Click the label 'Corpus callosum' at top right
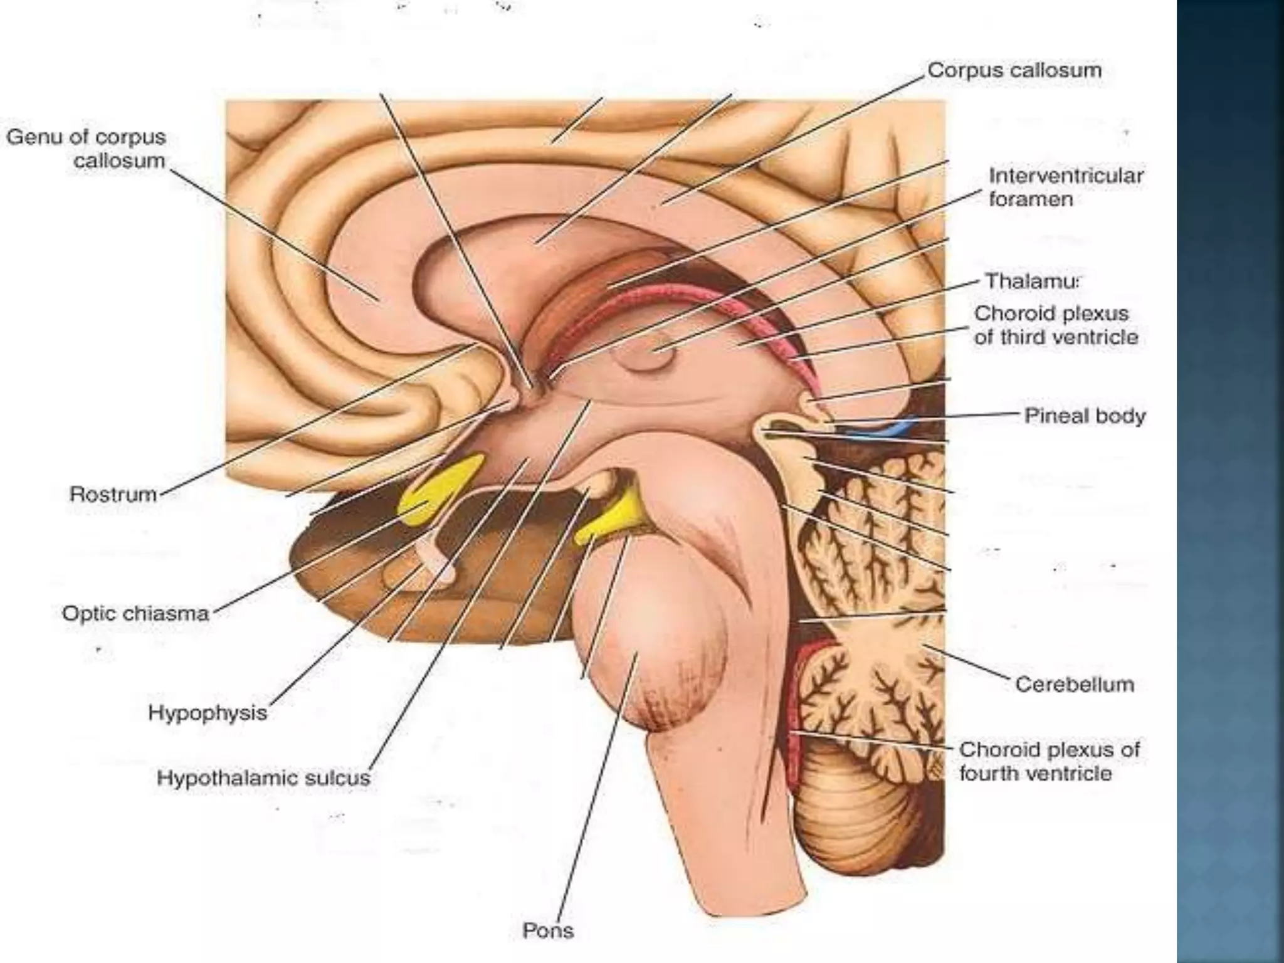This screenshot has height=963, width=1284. [x=1014, y=70]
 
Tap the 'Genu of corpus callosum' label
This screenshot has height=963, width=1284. [x=87, y=149]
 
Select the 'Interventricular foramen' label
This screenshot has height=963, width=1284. [x=1065, y=187]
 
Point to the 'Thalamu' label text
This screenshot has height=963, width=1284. [x=1032, y=281]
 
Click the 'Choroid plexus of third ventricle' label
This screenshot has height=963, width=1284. [x=1055, y=325]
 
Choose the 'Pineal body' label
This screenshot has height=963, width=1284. [x=1084, y=416]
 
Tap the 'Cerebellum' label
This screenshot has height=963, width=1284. [x=1074, y=684]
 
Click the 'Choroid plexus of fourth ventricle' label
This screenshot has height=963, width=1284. [x=1048, y=761]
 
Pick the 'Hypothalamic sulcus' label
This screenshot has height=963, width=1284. [x=264, y=778]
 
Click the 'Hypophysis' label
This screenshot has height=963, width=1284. [x=208, y=713]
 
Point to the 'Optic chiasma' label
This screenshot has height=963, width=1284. [x=135, y=613]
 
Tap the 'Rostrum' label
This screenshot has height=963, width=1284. [x=113, y=494]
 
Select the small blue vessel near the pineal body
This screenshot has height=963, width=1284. [x=881, y=429]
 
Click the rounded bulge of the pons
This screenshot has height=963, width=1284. [x=658, y=665]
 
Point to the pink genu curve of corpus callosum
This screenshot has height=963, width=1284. [x=364, y=282]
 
